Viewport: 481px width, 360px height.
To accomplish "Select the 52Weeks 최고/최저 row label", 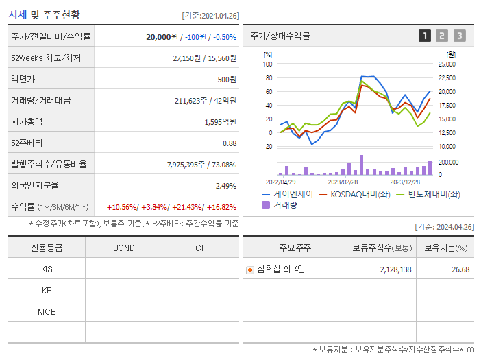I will (x=46, y=58).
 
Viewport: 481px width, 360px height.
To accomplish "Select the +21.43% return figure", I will (x=185, y=206).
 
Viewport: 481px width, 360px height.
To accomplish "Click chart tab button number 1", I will (x=425, y=36).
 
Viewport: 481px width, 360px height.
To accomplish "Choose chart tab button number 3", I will (x=459, y=36).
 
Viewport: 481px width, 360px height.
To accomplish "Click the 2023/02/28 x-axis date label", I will (x=343, y=182).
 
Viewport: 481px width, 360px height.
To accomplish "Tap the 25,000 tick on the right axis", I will (x=446, y=64).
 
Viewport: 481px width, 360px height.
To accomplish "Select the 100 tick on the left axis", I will (x=268, y=64).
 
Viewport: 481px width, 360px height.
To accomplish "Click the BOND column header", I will (x=123, y=248).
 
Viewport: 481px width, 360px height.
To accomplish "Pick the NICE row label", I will (x=47, y=311).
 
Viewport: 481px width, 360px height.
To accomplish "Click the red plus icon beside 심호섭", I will (x=250, y=269).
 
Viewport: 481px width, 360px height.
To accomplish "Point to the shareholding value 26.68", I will (x=460, y=269).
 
